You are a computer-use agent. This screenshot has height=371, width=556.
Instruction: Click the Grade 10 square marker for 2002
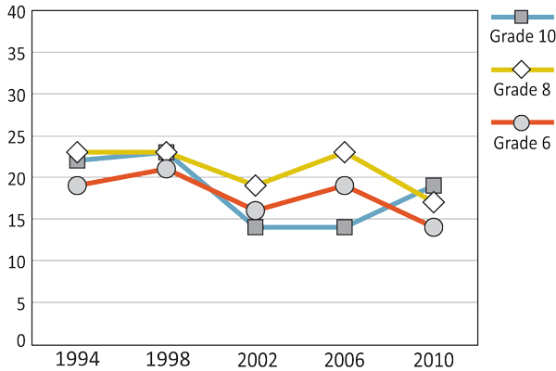(x=255, y=227)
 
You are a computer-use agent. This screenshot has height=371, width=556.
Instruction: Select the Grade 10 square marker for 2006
(x=344, y=227)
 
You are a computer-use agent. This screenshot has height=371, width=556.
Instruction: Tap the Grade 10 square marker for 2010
(x=433, y=185)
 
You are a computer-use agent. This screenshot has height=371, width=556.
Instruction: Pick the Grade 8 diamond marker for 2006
(x=344, y=152)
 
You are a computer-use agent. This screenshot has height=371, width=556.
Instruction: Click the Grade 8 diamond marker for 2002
(x=255, y=185)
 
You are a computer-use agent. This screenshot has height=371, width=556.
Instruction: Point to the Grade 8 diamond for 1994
(x=77, y=152)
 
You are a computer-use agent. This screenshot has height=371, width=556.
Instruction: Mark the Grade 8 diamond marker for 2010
(x=433, y=202)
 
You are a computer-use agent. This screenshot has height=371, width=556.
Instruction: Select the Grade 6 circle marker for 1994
(x=77, y=185)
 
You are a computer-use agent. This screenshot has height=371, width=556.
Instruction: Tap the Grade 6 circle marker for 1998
(x=166, y=169)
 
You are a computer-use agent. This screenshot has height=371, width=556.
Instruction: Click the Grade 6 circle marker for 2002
(x=255, y=211)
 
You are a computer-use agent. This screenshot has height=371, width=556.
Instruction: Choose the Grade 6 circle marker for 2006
(x=344, y=185)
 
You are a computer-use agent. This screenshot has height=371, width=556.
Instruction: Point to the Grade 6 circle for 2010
(x=433, y=227)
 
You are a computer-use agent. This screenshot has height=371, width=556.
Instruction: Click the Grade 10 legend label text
(x=523, y=37)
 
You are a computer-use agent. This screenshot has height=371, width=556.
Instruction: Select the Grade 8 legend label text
(x=522, y=90)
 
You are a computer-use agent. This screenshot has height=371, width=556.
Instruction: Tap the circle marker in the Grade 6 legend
(x=521, y=122)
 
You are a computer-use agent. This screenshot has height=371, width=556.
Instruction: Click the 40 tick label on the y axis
(x=14, y=12)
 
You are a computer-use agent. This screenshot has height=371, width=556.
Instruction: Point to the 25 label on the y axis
(x=14, y=136)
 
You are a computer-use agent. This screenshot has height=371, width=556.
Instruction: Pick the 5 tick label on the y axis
(x=19, y=302)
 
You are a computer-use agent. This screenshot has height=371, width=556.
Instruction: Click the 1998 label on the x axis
(x=166, y=358)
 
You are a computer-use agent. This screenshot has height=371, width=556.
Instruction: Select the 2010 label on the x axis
(x=433, y=358)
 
